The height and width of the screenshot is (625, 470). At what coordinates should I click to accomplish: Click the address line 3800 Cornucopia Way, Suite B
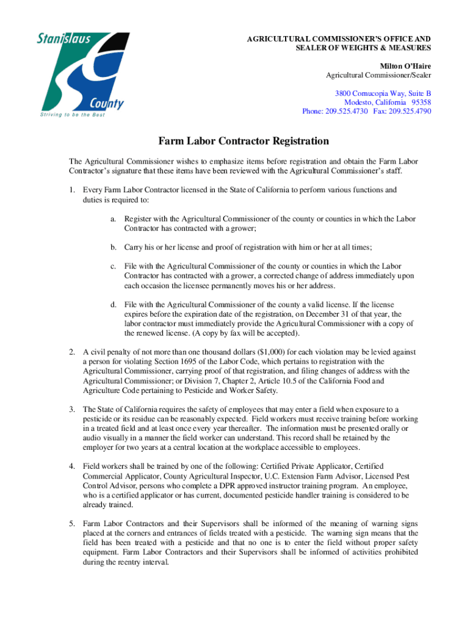[383, 93]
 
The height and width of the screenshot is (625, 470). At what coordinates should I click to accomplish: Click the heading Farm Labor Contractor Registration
[244, 142]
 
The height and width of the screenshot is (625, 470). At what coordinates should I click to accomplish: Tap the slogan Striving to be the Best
[71, 115]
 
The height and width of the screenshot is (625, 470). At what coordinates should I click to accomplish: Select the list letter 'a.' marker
[114, 219]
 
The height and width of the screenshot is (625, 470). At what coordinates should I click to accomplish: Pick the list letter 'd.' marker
[114, 304]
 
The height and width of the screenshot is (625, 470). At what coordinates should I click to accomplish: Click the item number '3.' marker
[71, 408]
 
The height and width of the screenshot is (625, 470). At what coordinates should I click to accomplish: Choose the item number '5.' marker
[71, 523]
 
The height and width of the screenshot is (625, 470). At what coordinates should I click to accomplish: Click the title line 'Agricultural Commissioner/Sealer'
[378, 75]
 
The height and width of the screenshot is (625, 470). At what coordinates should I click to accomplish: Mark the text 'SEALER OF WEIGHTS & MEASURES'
[363, 48]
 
